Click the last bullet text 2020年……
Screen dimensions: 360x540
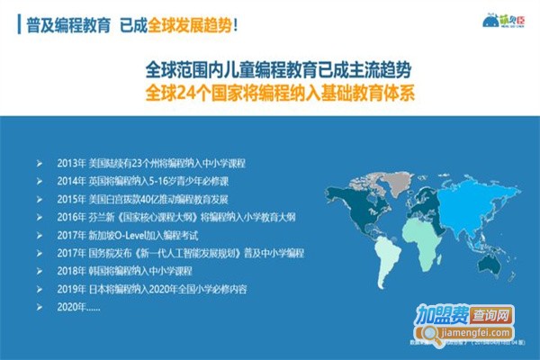75,306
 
